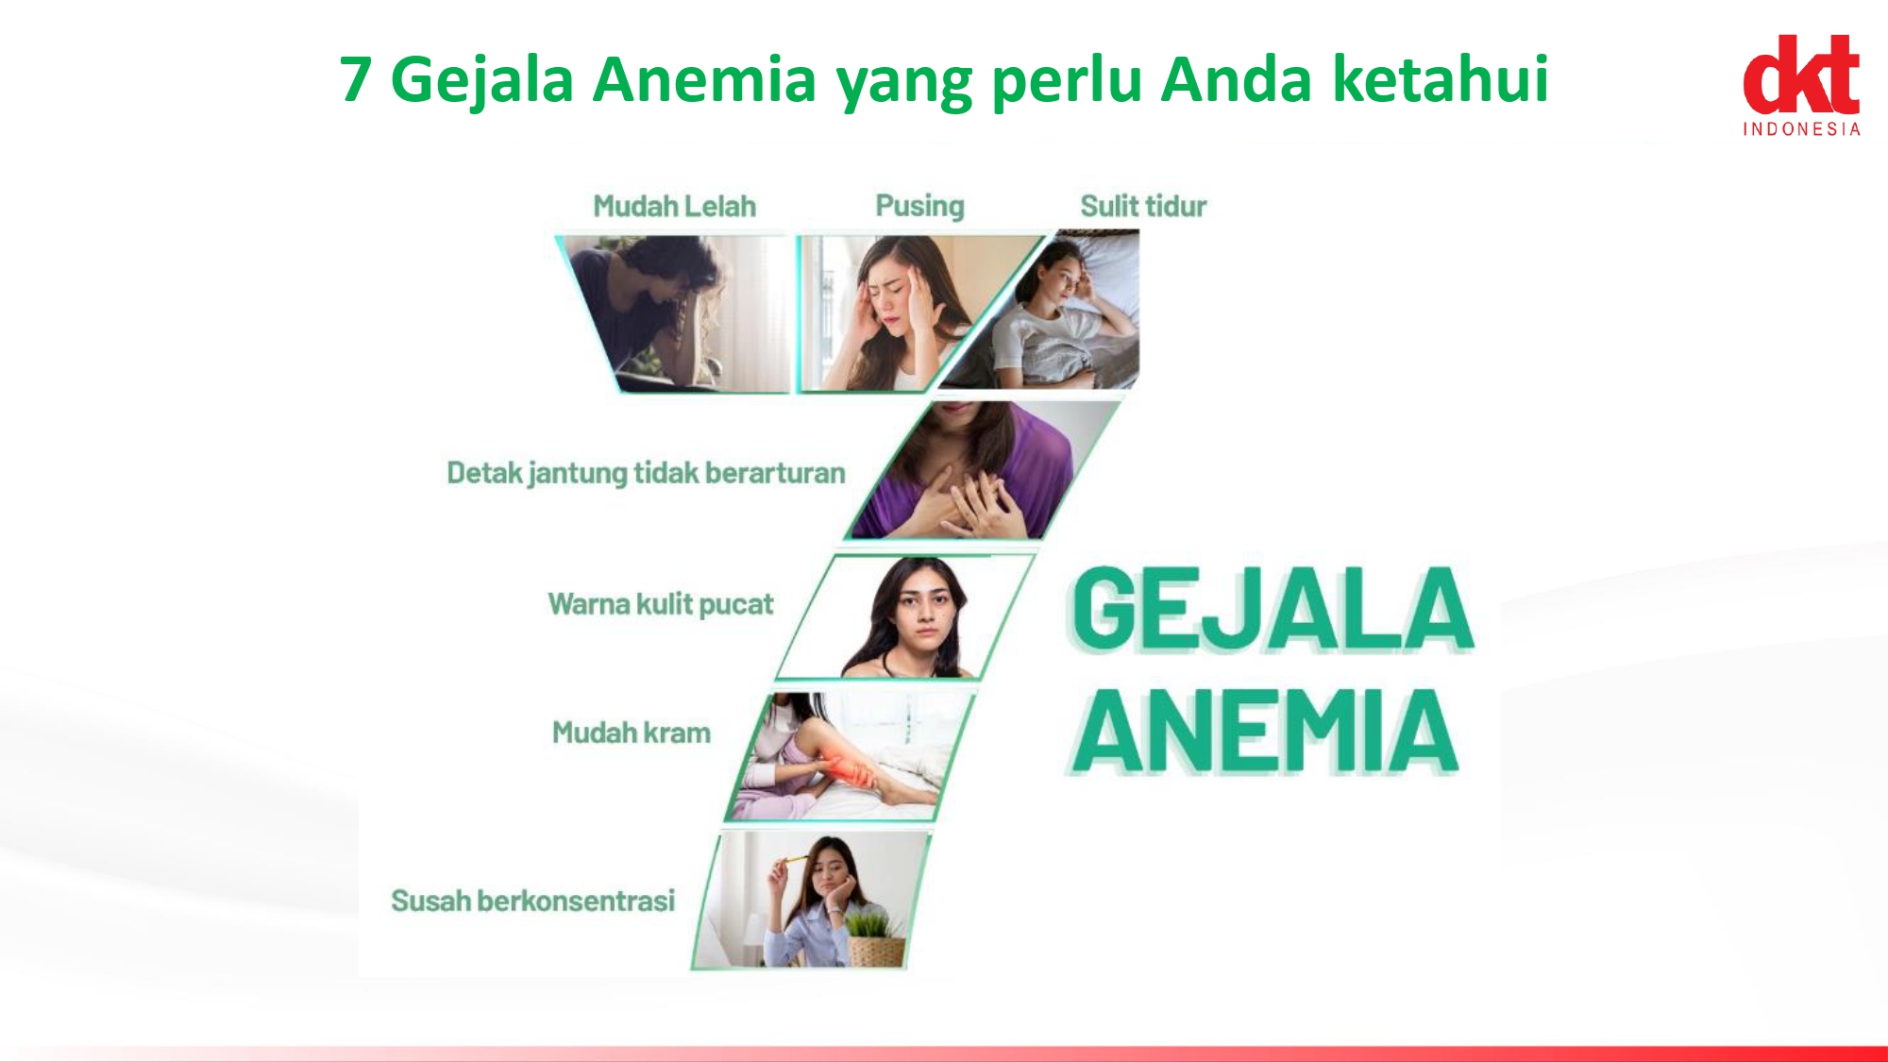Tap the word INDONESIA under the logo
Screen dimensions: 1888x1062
pyautogui.click(x=1801, y=129)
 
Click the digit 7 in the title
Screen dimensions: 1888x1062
pyautogui.click(x=355, y=79)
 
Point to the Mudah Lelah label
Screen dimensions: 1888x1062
pyautogui.click(x=674, y=206)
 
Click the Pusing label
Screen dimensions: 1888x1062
pyautogui.click(x=919, y=207)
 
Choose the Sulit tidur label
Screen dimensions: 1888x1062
pyautogui.click(x=1143, y=206)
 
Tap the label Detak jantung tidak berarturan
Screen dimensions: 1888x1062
pyautogui.click(x=646, y=473)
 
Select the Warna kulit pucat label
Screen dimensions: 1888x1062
pyautogui.click(x=661, y=604)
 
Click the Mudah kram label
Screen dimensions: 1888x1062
pyautogui.click(x=632, y=733)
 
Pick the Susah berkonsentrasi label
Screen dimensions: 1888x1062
pyautogui.click(x=533, y=901)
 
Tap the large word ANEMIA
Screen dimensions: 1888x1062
pyautogui.click(x=1265, y=731)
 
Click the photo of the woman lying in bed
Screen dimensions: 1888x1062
pyautogui.click(x=1057, y=312)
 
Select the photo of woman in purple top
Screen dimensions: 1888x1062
pyautogui.click(x=982, y=470)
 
